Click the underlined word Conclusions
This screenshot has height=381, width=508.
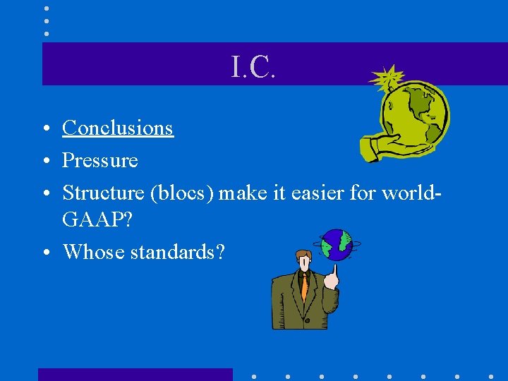(118, 128)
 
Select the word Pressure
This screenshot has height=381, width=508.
(100, 160)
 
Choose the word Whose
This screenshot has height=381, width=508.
(93, 251)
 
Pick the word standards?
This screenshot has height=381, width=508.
(177, 251)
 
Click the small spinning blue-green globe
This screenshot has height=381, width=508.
(337, 244)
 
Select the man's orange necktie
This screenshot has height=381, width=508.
(304, 286)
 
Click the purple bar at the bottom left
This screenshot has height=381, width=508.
(135, 374)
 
